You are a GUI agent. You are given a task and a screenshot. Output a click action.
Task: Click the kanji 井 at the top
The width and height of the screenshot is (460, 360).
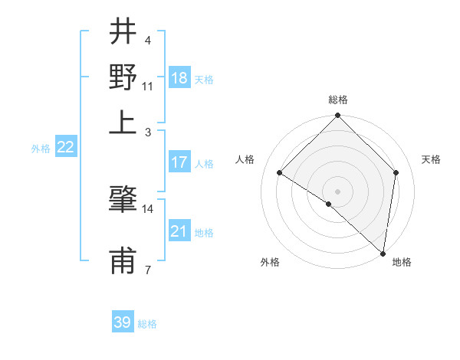coord(123,34)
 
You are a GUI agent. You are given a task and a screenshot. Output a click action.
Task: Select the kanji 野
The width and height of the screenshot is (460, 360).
coord(123,77)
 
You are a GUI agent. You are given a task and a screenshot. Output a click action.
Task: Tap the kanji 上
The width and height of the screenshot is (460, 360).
coord(123,121)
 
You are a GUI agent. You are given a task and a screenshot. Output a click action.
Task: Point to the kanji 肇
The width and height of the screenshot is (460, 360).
coord(123,201)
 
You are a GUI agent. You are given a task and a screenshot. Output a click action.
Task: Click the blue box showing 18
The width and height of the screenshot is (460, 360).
coord(179,77)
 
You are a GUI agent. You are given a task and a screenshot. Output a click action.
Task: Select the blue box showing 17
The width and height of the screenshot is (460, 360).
coord(179,162)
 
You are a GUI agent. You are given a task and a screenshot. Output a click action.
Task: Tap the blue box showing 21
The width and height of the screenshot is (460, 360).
coord(179,231)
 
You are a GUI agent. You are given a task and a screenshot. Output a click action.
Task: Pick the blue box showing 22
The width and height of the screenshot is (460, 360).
coord(65,148)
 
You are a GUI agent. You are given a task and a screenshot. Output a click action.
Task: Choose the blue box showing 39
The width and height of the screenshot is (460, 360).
coord(123,322)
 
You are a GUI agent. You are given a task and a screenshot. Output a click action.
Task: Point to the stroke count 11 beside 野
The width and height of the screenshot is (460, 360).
coord(148,85)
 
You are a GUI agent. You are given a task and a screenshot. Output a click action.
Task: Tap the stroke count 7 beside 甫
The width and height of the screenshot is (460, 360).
coord(147,270)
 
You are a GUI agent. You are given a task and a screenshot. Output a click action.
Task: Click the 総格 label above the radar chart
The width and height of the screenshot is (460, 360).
coord(338,100)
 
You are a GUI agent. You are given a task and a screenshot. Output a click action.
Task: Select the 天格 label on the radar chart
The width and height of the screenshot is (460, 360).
coord(432,159)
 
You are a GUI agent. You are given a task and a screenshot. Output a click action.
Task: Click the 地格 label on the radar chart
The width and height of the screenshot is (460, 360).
coord(402,262)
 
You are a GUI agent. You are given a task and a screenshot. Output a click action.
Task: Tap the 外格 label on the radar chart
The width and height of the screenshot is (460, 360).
coord(270,262)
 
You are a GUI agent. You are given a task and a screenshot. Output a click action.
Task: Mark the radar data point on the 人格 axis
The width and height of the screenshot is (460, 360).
coord(280,173)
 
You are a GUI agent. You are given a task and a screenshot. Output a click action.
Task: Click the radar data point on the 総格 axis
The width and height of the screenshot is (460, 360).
coord(338,116)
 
